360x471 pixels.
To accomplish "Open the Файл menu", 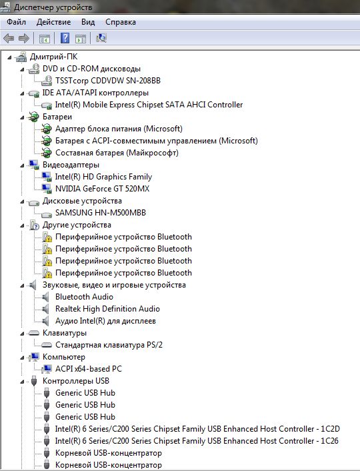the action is [x=16, y=22].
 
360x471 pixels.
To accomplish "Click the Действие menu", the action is [x=54, y=22].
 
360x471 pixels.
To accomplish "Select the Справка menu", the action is [x=121, y=22].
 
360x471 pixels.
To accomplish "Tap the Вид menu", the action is [x=88, y=22].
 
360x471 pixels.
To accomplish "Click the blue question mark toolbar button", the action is [x=65, y=38].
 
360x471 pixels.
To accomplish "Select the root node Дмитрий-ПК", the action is [x=53, y=57].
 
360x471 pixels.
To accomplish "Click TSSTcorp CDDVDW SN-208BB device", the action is [x=108, y=81].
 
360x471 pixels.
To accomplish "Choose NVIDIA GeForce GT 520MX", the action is [x=102, y=189].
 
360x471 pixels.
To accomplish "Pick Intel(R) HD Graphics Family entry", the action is [x=103, y=177].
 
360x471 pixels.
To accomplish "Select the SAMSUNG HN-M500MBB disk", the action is [x=100, y=213].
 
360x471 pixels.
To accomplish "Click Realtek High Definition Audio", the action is [x=107, y=309].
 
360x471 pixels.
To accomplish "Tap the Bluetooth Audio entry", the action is [x=84, y=297].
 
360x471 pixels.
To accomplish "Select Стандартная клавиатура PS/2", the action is [x=109, y=345].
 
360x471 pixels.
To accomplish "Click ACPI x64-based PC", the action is [x=89, y=369].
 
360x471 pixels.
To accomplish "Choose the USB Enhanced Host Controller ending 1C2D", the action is [x=197, y=429].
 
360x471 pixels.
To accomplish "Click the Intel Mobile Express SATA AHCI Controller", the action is [x=149, y=105].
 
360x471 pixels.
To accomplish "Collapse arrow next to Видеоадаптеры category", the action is [x=22, y=165].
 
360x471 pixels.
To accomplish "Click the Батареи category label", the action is [x=57, y=117].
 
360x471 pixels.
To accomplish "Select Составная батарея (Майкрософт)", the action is [x=117, y=153].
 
